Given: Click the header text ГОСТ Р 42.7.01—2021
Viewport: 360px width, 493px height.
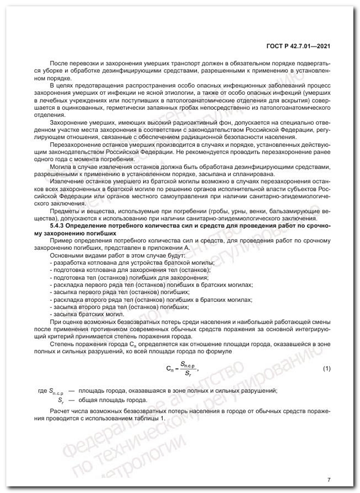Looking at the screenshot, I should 298,46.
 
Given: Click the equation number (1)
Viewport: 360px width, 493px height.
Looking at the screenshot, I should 326,369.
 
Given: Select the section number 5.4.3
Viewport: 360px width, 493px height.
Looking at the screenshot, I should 57,226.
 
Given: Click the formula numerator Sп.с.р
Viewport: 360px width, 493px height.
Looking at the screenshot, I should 187,364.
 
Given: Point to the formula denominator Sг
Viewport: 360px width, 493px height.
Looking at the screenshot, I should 188,373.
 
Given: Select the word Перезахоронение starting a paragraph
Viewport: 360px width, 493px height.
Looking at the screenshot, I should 72,144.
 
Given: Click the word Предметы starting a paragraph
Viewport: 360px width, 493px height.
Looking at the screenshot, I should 62,211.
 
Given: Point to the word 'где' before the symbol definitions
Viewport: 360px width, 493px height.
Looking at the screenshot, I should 42,390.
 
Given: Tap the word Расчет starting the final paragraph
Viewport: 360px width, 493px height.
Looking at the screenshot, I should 58,411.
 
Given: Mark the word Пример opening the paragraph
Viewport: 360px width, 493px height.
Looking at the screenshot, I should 60,241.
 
